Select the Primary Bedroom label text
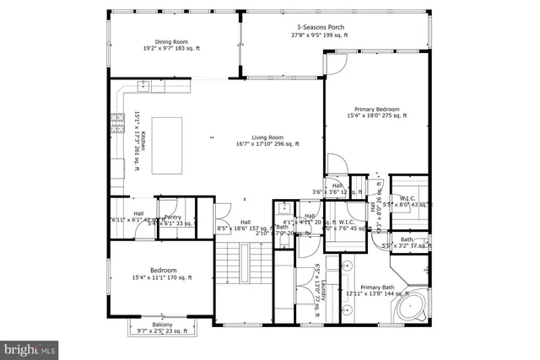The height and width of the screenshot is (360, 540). pyautogui.click(x=376, y=110)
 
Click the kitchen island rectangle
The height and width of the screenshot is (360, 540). pyautogui.click(x=168, y=145)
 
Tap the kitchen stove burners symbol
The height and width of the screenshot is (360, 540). pyautogui.click(x=115, y=125)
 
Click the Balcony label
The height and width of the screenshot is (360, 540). pyautogui.click(x=162, y=325)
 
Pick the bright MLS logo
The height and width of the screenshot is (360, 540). pyautogui.click(x=30, y=347)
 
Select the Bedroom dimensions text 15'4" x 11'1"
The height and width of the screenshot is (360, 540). pyautogui.click(x=161, y=277)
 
